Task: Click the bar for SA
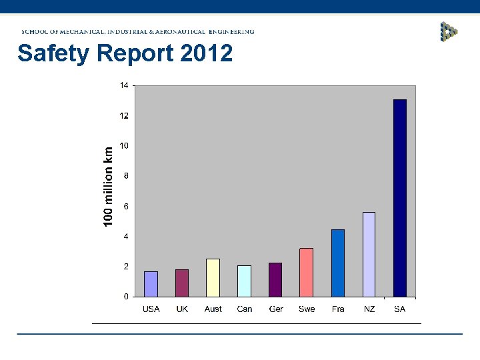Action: pos(400,198)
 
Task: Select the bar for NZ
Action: pos(369,254)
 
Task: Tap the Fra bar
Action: pos(338,263)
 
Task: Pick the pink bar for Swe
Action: pos(307,272)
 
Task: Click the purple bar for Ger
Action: pos(275,279)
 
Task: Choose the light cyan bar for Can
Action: pos(245,281)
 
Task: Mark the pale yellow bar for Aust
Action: pos(213,277)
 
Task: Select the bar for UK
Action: pos(182,283)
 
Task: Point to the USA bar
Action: pos(151,284)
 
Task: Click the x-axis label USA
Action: pos(151,309)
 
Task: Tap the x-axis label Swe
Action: pos(307,309)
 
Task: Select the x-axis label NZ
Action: pos(369,309)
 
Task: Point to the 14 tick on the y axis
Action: pos(125,85)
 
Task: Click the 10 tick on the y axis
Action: pos(125,145)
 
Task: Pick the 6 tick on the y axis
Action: pos(126,206)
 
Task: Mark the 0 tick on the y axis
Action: pos(126,297)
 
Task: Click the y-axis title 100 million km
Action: pos(108,186)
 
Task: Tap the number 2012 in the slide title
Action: pos(206,53)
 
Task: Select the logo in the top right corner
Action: pos(449,31)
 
